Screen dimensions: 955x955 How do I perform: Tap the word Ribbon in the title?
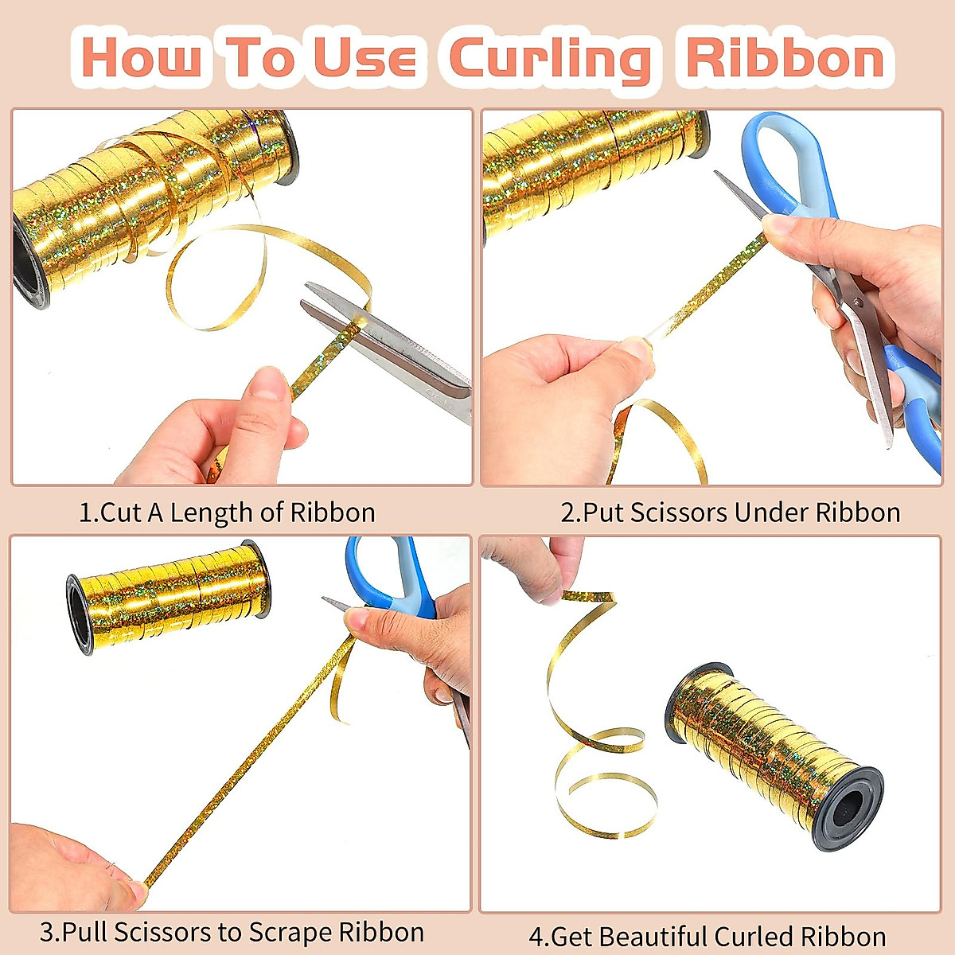point(785,59)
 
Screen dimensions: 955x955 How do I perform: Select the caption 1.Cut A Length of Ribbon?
point(227,512)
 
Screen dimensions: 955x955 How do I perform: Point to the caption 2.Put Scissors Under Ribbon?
point(730,512)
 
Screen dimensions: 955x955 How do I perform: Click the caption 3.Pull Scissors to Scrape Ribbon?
point(232,931)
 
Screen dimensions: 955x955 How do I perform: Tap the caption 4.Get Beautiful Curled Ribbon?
point(707,936)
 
